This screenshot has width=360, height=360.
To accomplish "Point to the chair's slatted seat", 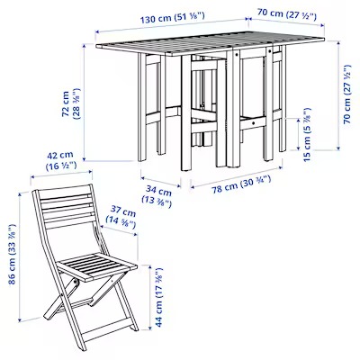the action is (97, 265).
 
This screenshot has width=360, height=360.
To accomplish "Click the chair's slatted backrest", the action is (67, 207).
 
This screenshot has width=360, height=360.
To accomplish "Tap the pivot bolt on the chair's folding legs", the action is (76, 283).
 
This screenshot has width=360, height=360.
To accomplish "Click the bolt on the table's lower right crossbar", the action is (254, 122).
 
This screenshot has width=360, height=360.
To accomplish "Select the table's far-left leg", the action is (142, 107).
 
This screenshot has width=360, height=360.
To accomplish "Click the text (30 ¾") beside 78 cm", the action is (256, 182).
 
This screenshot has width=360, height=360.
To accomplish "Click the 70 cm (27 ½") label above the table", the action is (286, 14).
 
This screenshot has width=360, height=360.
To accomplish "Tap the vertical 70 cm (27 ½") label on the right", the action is (347, 94).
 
